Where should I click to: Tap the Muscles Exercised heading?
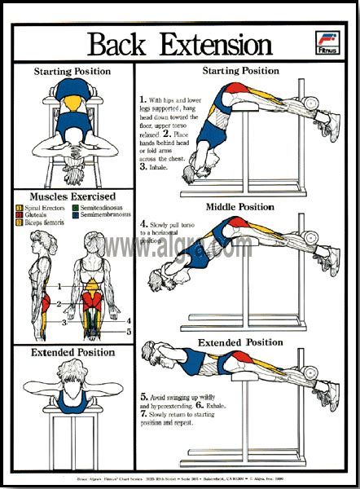tap(72, 196)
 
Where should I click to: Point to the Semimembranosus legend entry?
tap(106, 215)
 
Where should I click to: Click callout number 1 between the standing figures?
tap(59, 285)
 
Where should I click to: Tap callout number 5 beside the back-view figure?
tap(128, 332)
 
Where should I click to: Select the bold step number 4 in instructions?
tap(143, 222)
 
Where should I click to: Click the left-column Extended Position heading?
tap(72, 352)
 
